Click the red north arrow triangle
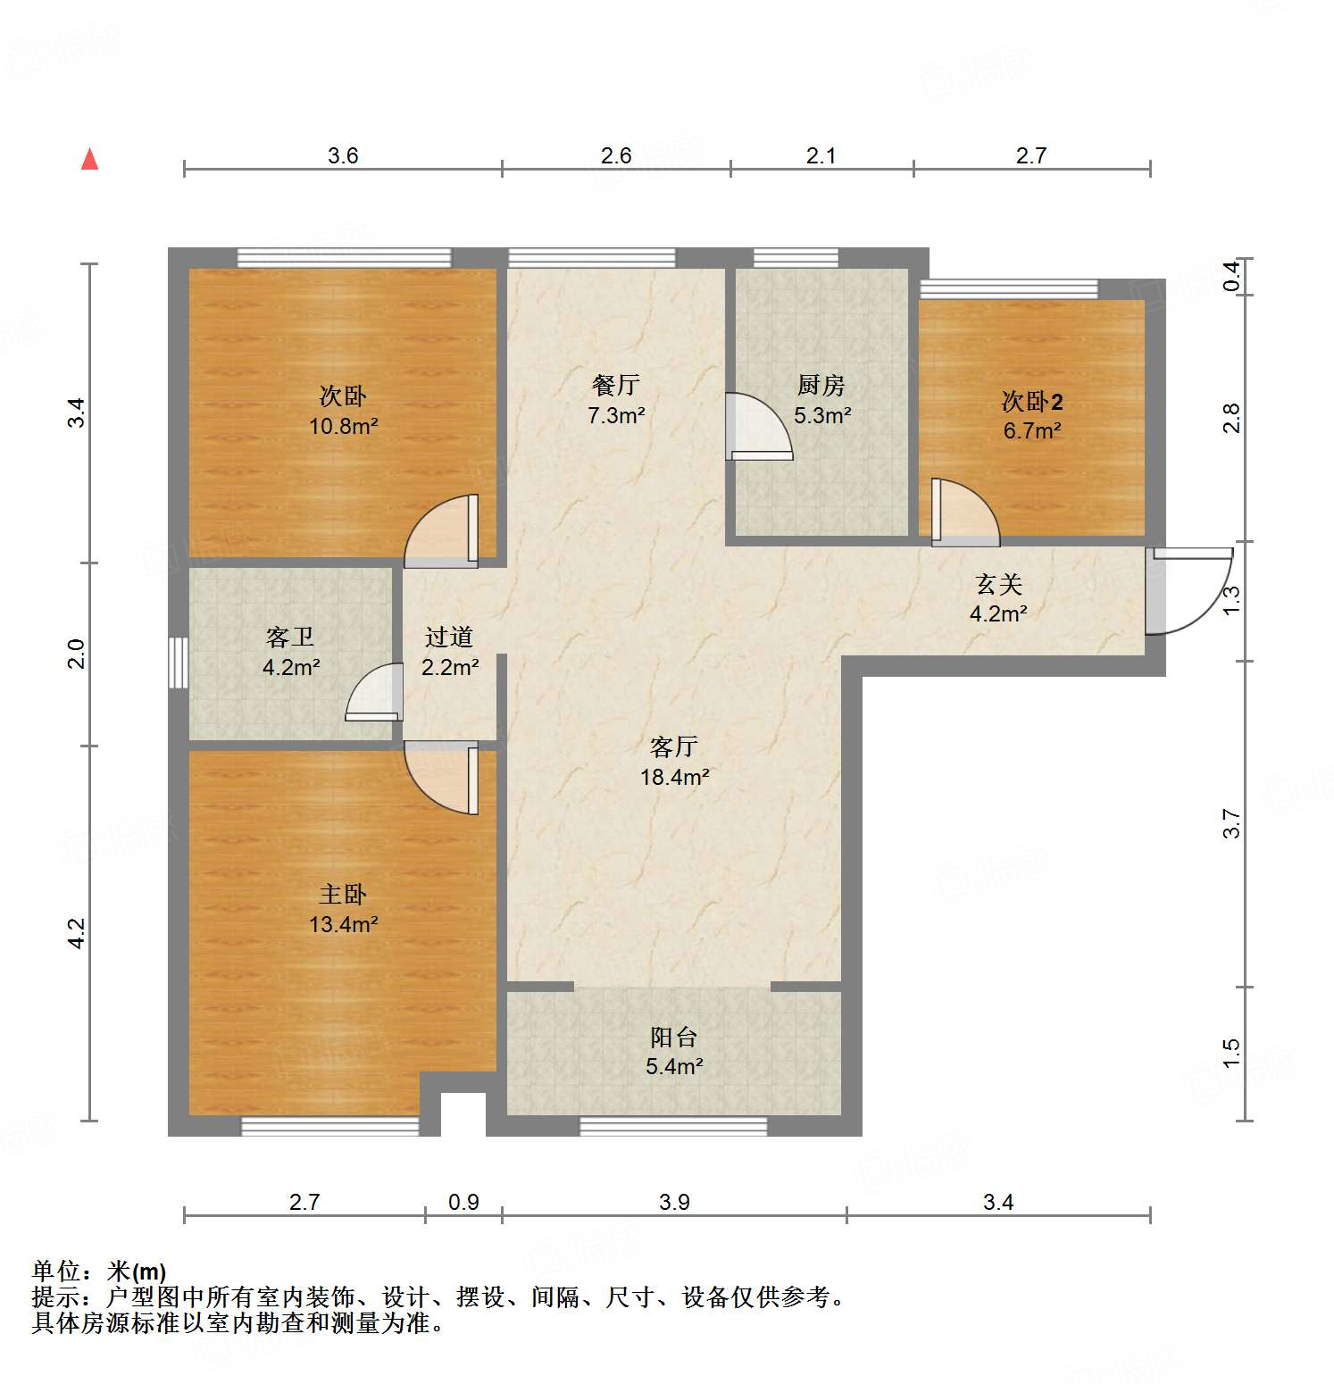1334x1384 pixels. [89, 160]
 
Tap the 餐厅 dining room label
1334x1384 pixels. [615, 385]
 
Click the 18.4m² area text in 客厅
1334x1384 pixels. [674, 777]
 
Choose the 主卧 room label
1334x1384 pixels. [343, 894]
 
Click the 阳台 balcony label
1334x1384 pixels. [673, 1037]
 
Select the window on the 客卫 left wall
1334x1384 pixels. [179, 662]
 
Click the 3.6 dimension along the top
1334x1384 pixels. [343, 156]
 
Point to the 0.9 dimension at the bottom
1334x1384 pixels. [463, 1202]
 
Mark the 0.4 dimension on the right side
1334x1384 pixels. [1231, 276]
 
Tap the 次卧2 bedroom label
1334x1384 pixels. [1031, 401]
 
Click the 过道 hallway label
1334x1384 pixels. [448, 637]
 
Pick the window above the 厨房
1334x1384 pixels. [796, 258]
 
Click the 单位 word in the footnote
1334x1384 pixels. [55, 1271]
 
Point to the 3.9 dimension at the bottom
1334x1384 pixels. [674, 1202]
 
